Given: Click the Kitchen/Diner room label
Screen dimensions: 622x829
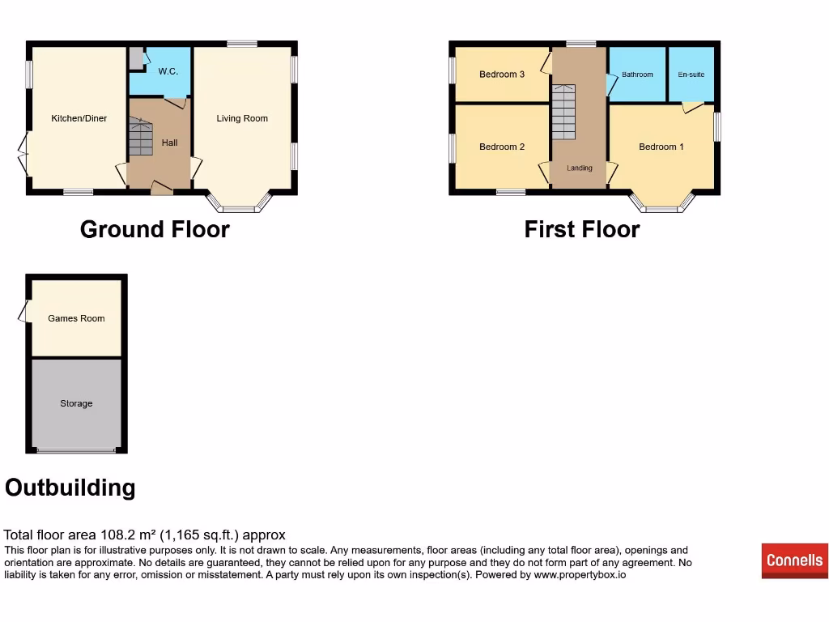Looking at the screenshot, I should (x=79, y=118).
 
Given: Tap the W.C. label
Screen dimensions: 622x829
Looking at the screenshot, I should (x=168, y=71).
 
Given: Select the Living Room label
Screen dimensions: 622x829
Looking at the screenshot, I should (x=241, y=118).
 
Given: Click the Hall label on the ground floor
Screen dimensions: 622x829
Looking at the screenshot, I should (x=169, y=143).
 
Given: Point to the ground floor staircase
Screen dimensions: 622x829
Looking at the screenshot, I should (x=140, y=138).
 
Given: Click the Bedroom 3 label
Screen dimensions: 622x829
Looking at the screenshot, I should (x=502, y=75).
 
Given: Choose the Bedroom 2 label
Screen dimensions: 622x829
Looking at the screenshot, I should (x=502, y=147).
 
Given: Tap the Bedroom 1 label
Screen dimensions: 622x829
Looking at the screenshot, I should (x=661, y=147).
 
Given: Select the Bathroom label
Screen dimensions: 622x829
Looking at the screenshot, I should (x=637, y=75).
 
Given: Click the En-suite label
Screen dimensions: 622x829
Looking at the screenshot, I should (x=691, y=75).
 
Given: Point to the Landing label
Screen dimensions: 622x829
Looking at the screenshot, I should (x=579, y=168).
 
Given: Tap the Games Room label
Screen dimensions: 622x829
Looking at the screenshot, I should (x=76, y=318).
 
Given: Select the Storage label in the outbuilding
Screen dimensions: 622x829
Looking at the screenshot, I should (x=76, y=403).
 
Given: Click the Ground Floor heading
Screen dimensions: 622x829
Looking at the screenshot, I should (x=155, y=230).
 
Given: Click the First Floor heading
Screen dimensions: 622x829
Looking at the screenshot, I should (x=581, y=230).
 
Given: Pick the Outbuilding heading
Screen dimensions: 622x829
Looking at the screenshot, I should (x=70, y=488).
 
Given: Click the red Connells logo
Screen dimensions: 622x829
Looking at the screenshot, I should (x=794, y=560).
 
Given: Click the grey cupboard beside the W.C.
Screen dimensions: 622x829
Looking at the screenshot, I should (x=135, y=58).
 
